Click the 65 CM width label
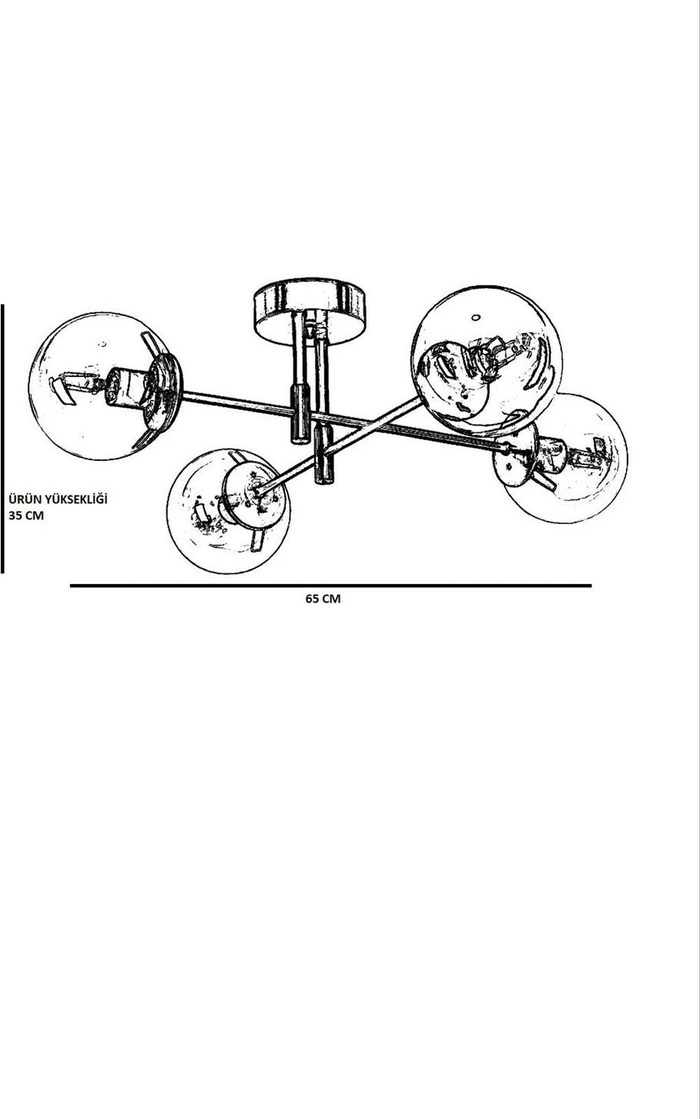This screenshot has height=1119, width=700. click(x=323, y=599)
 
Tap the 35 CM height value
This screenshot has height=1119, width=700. click(x=26, y=516)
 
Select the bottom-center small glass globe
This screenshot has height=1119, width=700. click(x=228, y=510)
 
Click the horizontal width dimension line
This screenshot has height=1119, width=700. click(x=330, y=586)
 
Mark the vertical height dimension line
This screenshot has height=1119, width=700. click(x=2, y=439)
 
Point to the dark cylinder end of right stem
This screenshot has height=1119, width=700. click(x=324, y=452)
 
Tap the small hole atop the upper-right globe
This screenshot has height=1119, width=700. click(x=476, y=317)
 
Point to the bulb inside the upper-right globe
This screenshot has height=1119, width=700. click(x=494, y=356)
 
